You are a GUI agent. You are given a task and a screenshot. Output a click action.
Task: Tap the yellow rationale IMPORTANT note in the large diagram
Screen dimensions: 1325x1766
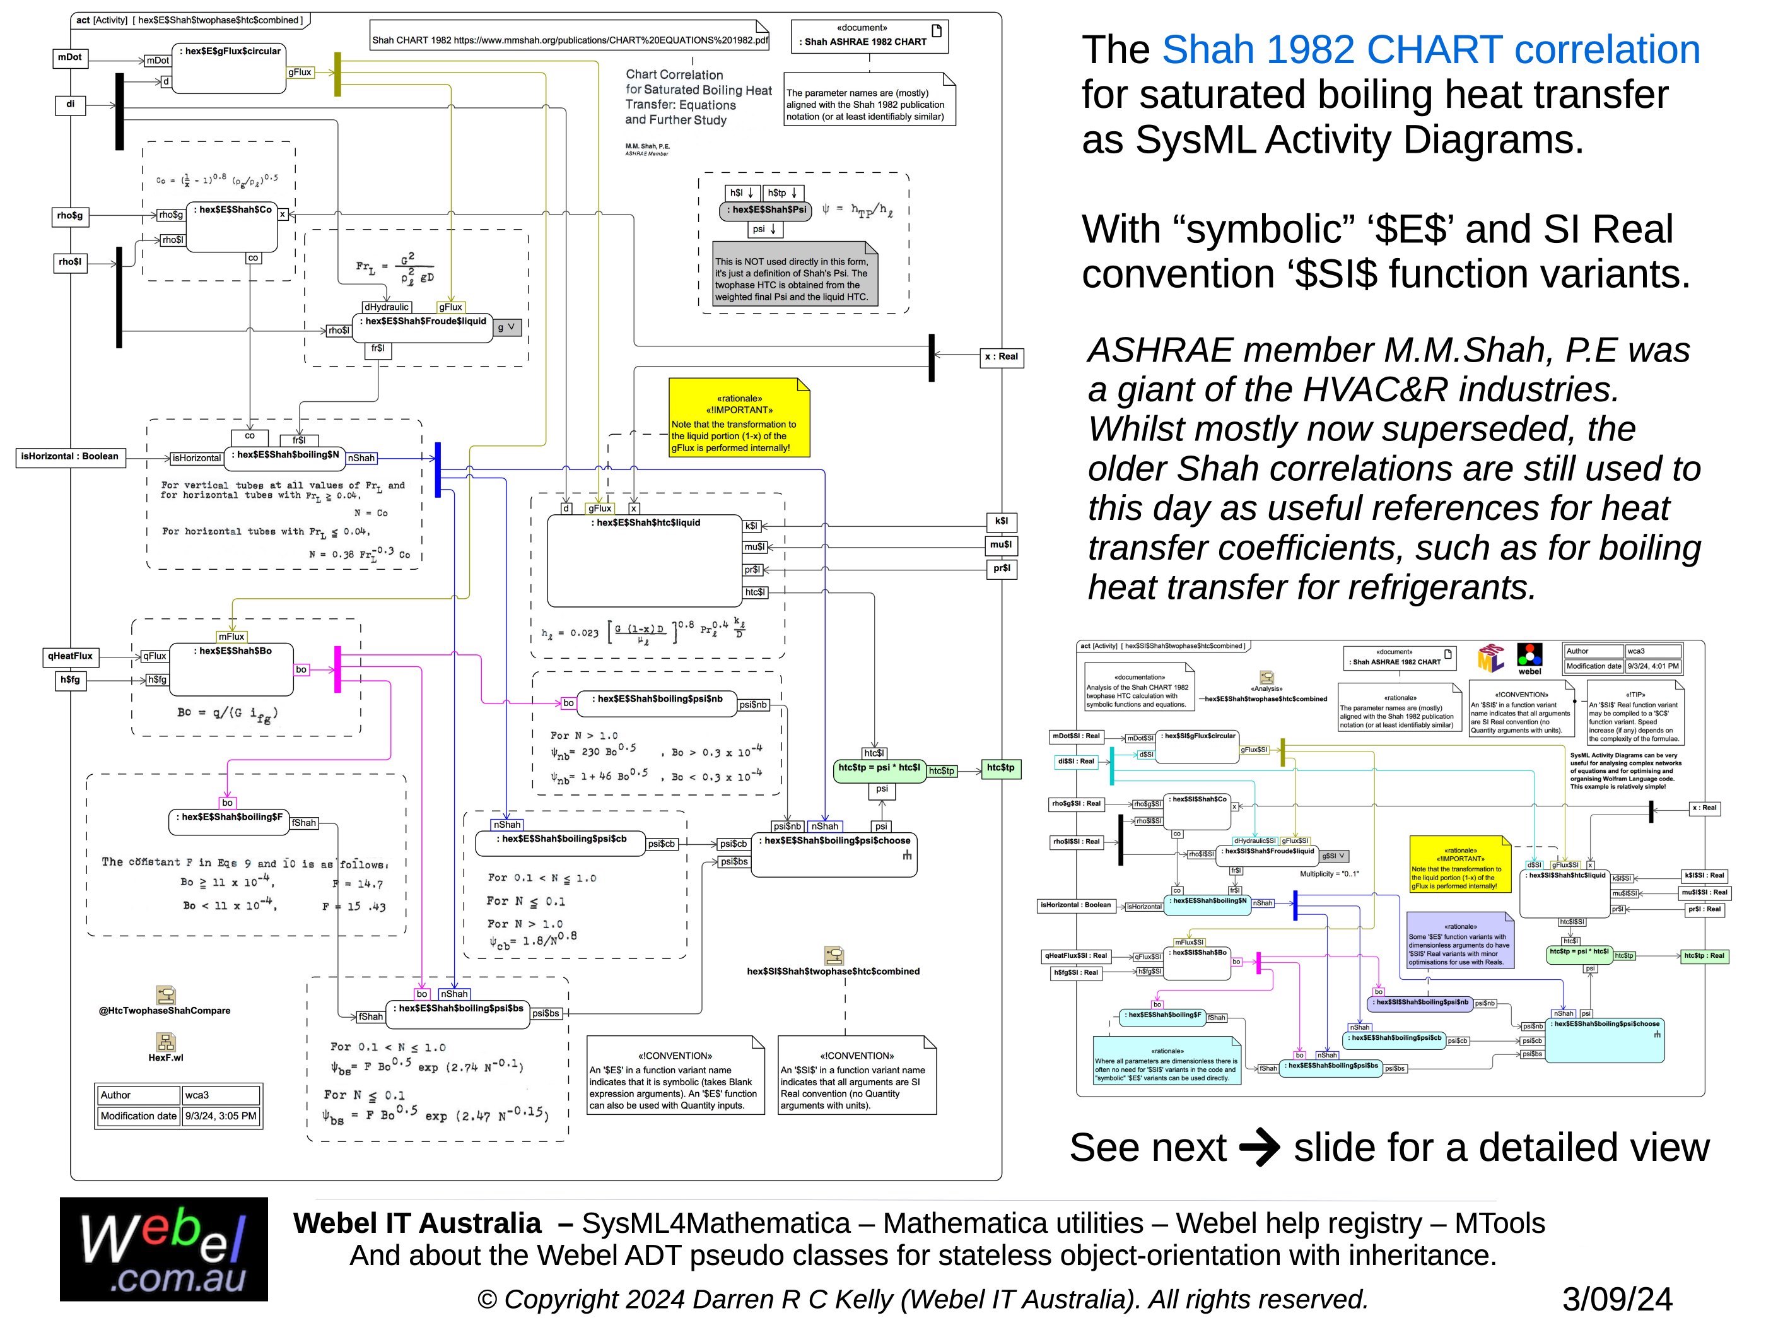739,418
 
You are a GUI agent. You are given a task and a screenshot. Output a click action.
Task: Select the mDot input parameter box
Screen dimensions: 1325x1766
70,57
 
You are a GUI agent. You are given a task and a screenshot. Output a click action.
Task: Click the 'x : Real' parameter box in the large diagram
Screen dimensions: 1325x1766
1001,357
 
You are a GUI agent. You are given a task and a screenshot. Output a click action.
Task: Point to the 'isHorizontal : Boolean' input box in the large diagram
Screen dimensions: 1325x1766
69,457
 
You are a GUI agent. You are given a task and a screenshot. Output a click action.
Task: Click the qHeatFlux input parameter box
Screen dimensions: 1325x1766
70,657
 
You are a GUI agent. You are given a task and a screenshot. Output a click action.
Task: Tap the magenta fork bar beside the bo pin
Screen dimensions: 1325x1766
337,669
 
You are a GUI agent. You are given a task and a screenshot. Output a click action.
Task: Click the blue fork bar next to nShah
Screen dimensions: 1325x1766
438,469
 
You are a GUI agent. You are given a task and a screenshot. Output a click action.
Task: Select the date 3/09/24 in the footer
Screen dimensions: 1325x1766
1617,1298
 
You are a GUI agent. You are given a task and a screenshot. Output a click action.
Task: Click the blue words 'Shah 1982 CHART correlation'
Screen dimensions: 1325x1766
1430,50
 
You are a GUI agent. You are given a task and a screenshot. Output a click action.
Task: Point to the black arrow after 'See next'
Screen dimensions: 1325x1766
1259,1148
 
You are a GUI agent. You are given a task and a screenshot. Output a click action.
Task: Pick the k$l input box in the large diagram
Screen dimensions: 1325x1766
1001,522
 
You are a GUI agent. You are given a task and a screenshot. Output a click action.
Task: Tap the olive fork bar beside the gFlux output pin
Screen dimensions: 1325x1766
337,74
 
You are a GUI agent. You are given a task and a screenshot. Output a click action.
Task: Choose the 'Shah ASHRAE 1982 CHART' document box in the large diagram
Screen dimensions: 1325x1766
869,37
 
